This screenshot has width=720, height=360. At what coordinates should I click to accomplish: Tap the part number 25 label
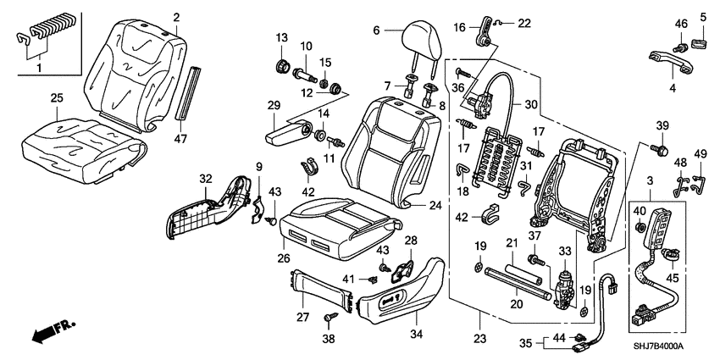point(56,99)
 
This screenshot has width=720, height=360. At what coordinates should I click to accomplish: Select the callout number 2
point(176,17)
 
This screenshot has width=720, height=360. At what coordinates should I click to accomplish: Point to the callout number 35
point(525,343)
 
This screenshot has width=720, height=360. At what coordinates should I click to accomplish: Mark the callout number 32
point(204,179)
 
